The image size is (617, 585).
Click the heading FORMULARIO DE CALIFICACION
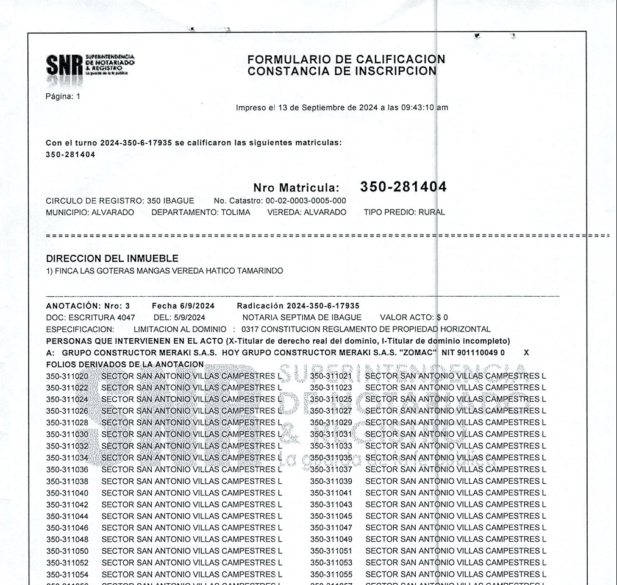(346, 59)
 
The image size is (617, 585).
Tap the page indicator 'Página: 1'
(63, 96)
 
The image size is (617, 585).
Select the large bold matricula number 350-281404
(403, 186)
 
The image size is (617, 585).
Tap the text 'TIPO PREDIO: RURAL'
(404, 213)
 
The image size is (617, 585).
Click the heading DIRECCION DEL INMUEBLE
(112, 258)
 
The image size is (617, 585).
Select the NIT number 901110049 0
(480, 353)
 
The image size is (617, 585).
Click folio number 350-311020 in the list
(67, 376)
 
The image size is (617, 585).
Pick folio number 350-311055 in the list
(331, 574)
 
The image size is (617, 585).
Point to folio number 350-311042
(67, 505)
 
